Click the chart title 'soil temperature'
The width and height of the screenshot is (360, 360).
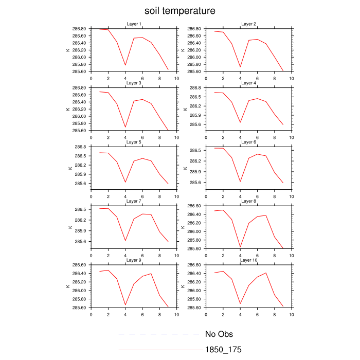(179, 11)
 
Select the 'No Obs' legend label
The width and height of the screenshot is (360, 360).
(219, 334)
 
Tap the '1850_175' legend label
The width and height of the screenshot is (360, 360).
(223, 350)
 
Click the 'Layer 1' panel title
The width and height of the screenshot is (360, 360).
(134, 24)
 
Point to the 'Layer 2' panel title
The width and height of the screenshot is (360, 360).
(249, 24)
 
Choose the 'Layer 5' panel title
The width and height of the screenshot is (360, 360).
(134, 142)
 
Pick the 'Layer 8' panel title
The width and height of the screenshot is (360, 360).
(249, 201)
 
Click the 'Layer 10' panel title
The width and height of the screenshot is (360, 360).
(249, 260)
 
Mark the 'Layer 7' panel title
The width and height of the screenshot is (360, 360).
(134, 201)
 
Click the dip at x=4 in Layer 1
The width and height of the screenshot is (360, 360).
(125, 65)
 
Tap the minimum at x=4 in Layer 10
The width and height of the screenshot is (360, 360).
(240, 304)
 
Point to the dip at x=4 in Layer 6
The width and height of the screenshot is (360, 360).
(240, 182)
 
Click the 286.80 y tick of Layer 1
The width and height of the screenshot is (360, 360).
(79, 29)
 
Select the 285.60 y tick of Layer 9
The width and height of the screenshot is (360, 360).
(79, 308)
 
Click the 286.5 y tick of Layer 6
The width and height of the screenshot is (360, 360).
(196, 151)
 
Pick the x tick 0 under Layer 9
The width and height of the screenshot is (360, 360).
(91, 314)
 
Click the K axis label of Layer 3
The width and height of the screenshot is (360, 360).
(68, 109)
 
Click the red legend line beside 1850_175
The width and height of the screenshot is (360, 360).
(159, 350)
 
